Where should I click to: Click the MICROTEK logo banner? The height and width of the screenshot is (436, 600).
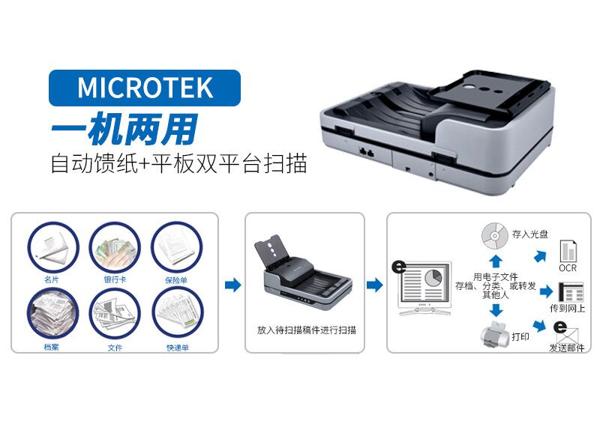[145, 88]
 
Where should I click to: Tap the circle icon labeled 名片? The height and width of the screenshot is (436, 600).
[52, 247]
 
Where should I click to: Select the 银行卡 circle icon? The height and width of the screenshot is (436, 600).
[115, 247]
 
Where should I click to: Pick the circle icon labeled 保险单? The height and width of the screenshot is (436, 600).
[177, 247]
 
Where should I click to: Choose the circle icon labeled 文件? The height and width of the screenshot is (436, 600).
[115, 313]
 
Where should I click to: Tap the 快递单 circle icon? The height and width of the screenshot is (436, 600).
[178, 313]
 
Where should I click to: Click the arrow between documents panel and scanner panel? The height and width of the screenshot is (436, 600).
[232, 285]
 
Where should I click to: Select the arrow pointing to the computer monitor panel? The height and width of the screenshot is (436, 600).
[374, 285]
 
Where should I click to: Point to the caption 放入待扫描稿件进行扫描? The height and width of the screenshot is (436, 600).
[307, 330]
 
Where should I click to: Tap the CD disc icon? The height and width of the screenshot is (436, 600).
[494, 235]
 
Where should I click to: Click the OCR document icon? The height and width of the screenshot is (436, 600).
[568, 252]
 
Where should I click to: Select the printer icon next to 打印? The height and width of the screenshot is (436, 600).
[496, 334]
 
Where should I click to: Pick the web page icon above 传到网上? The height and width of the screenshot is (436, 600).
[571, 292]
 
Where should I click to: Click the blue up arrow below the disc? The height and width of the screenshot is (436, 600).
[496, 261]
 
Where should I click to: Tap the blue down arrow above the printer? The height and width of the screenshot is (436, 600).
[496, 310]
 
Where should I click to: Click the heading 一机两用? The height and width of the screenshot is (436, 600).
[124, 129]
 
